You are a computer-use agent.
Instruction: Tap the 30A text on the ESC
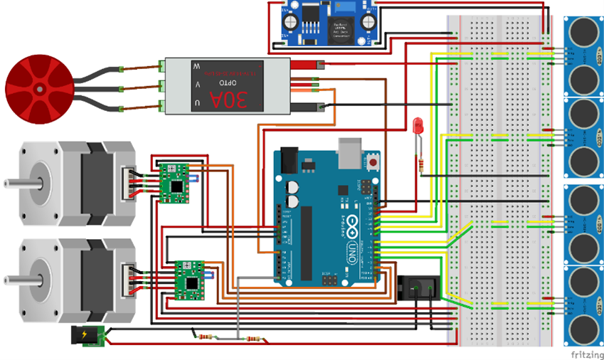click(240, 100)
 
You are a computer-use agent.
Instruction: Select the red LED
click(418, 127)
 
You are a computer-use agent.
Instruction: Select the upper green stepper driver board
click(174, 183)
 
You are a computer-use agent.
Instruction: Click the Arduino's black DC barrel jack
click(290, 159)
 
